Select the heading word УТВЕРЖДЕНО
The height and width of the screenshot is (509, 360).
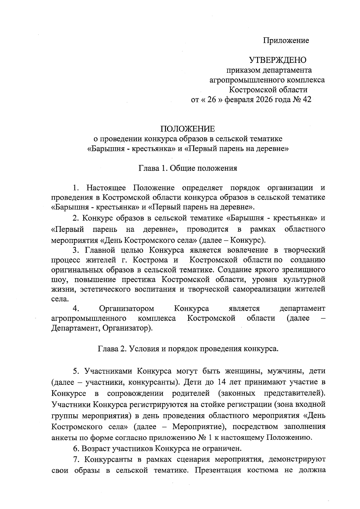coord(277,60)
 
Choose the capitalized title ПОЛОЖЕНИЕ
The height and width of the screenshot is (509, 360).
coord(188,129)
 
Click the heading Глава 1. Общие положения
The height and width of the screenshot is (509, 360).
coord(188,168)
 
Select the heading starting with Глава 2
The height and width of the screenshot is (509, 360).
coord(188,349)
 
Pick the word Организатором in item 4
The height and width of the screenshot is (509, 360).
coord(127,308)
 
